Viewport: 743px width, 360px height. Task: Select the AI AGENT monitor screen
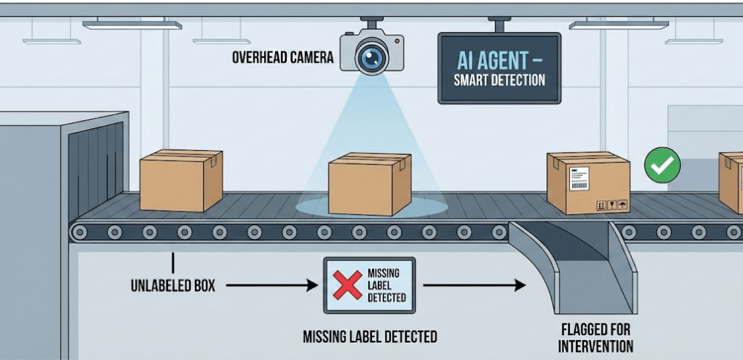tap(499, 68)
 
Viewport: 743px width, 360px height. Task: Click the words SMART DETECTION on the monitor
tap(499, 80)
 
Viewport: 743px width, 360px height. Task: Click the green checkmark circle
tap(662, 166)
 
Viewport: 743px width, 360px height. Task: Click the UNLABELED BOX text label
tap(173, 285)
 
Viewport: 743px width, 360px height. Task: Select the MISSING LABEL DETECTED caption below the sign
tap(370, 337)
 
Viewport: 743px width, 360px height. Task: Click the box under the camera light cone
tap(370, 184)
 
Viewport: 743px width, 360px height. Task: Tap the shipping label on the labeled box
tap(579, 177)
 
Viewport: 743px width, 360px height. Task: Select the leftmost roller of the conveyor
tap(80, 232)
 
